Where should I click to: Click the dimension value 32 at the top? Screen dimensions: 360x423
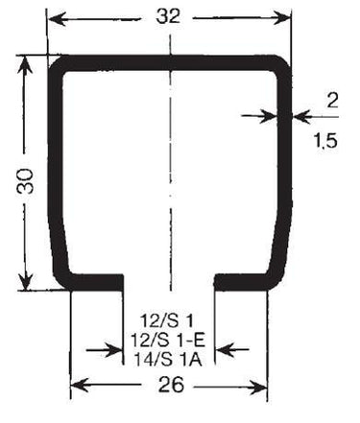[x=168, y=16]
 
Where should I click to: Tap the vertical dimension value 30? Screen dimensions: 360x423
[x=25, y=181]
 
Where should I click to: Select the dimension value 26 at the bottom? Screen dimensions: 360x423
[x=171, y=385]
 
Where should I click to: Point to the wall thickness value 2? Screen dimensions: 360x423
[x=332, y=101]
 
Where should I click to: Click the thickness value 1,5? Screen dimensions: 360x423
[x=325, y=140]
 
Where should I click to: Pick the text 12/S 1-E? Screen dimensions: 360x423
[x=168, y=341]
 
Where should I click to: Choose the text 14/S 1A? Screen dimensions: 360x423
[x=168, y=360]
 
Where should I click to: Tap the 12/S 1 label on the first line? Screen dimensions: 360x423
[x=167, y=321]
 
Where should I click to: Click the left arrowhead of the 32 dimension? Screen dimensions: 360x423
[x=57, y=20]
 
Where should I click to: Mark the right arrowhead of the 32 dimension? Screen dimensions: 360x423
[x=281, y=18]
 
